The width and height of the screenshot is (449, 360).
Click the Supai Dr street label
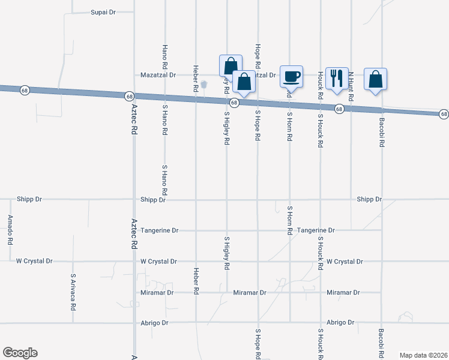click(103, 12)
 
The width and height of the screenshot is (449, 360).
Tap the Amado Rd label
click(10, 230)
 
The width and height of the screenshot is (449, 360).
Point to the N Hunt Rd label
click(351, 86)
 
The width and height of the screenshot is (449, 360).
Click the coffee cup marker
click(291, 77)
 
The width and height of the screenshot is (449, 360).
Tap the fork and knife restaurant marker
click(337, 78)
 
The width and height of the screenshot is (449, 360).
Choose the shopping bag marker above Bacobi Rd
click(375, 79)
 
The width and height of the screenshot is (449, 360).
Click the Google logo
click(20, 353)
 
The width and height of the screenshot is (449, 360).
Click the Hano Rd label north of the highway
click(164, 56)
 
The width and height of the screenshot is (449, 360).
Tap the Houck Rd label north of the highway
click(321, 86)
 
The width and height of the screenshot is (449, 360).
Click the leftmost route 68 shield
click(24, 90)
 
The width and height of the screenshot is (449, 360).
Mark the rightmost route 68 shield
click(443, 114)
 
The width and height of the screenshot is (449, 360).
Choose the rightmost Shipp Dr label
click(369, 199)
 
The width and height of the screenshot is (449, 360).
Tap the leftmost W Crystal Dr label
click(34, 262)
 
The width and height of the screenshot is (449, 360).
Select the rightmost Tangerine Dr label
click(316, 230)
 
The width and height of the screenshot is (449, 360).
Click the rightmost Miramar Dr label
click(343, 293)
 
